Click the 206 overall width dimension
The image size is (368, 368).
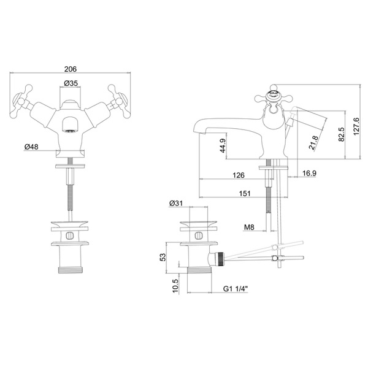(x=71, y=69)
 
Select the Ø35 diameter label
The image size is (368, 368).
(x=71, y=83)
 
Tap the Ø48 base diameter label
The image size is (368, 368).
(x=31, y=147)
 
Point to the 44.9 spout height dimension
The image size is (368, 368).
(x=223, y=145)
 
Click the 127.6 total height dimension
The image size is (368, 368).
(x=356, y=126)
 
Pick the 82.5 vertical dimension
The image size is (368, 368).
(x=341, y=134)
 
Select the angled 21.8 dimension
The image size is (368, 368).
(x=313, y=143)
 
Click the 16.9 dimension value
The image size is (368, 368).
(x=309, y=174)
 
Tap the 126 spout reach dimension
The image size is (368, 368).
(x=239, y=175)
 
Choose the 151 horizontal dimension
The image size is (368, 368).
(x=245, y=193)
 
